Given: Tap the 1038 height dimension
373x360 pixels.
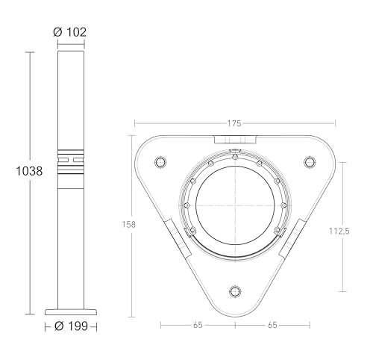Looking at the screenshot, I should pyautogui.click(x=28, y=170).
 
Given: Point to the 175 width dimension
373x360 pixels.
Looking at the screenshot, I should pyautogui.click(x=234, y=124).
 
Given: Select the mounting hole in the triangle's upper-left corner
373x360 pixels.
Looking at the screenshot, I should pyautogui.click(x=159, y=162).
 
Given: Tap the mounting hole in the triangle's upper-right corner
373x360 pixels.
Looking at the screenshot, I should pyautogui.click(x=311, y=162).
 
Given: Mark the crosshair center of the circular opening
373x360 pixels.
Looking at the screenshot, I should pyautogui.click(x=235, y=204).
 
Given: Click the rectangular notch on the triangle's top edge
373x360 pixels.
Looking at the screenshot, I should pyautogui.click(x=235, y=140).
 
